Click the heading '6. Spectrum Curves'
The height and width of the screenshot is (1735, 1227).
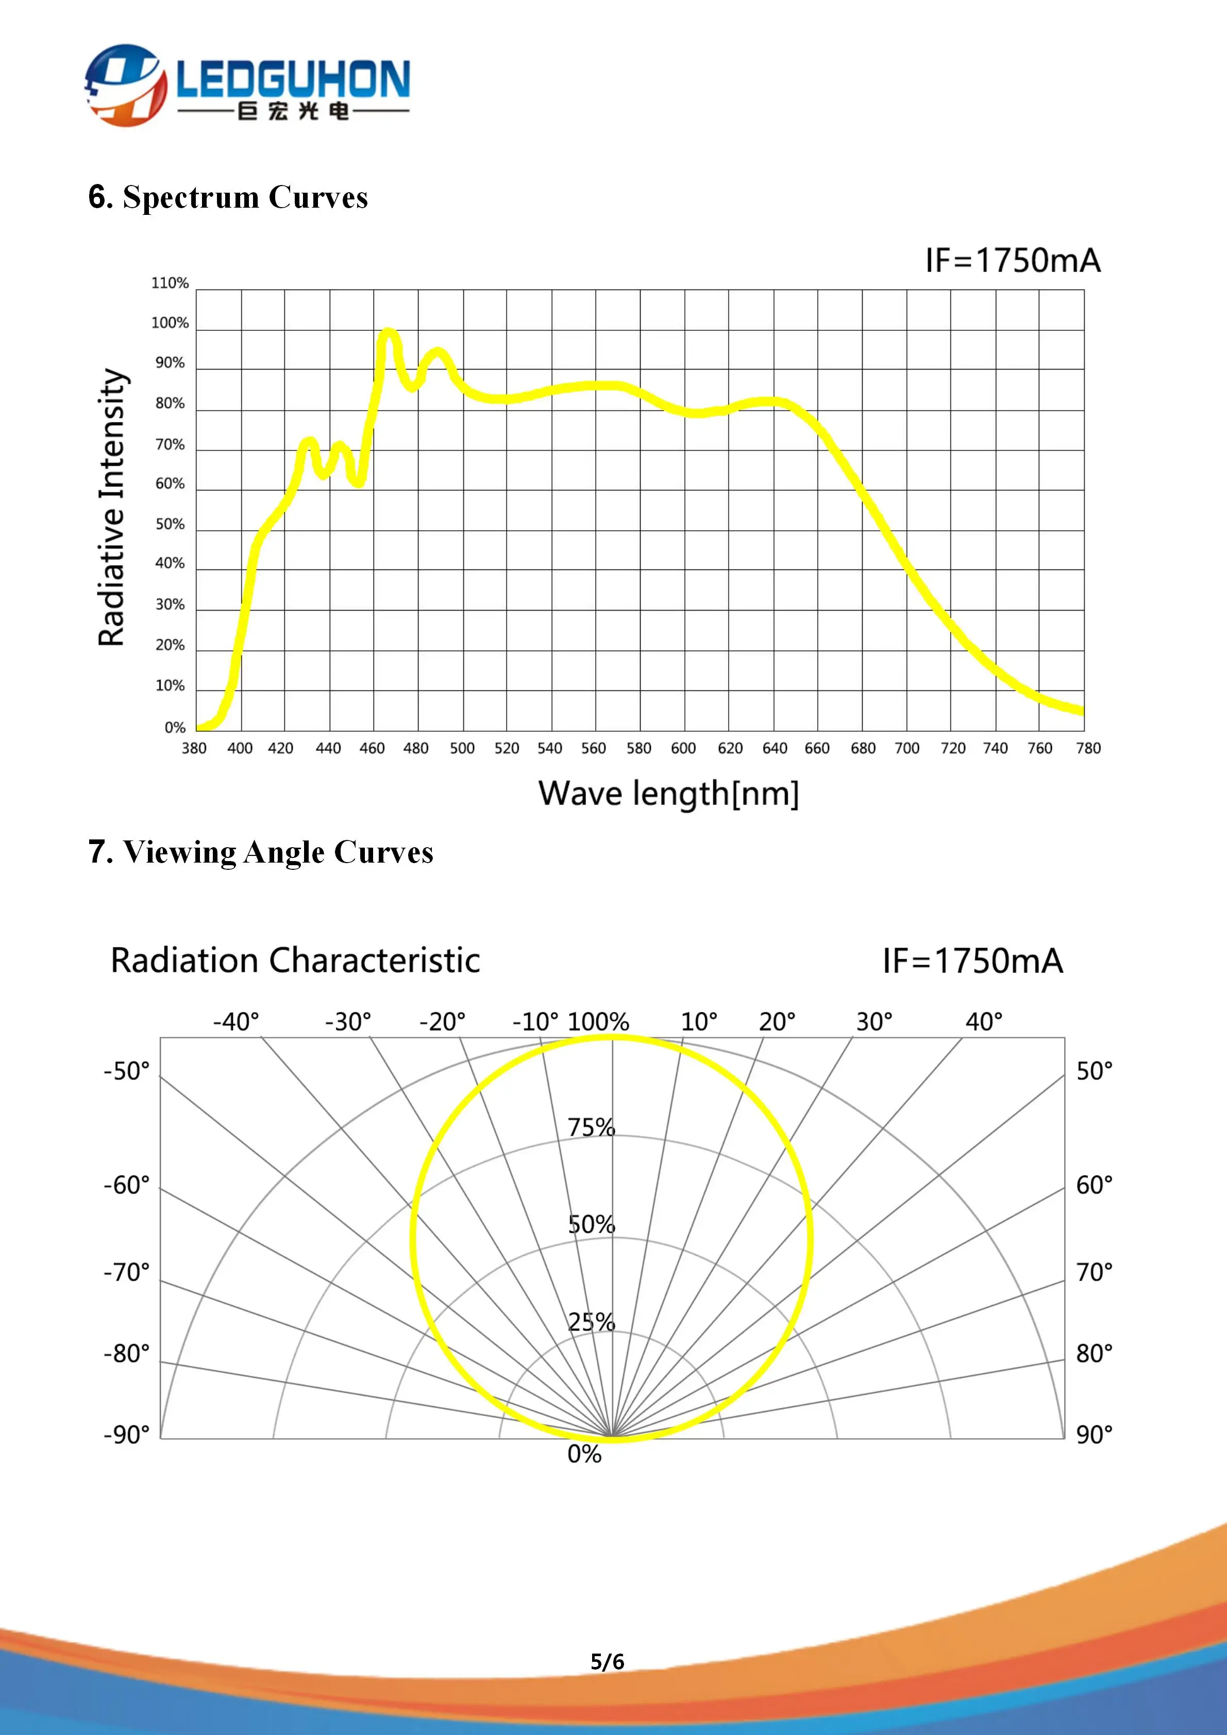point(228,197)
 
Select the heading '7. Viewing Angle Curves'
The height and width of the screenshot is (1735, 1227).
point(261,852)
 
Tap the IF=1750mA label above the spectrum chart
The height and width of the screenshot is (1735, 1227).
point(1013,261)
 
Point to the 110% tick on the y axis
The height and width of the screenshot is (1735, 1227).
point(170,283)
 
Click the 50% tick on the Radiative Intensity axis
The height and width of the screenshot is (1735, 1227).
point(170,525)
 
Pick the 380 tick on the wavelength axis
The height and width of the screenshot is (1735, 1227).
point(194,748)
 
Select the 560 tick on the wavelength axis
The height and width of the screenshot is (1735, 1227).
point(593,748)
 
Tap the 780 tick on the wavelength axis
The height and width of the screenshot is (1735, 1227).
point(1088,748)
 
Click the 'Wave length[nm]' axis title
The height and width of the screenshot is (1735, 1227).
point(669,794)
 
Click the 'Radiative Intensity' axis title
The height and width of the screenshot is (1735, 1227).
point(111,507)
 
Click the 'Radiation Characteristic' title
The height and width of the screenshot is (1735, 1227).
point(295,961)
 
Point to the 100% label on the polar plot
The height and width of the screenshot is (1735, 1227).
point(598,1022)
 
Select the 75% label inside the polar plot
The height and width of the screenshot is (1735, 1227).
point(592,1127)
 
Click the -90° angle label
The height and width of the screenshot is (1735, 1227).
point(127,1434)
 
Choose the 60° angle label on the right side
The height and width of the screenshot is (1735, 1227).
point(1094,1185)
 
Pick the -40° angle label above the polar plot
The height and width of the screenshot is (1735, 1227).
point(236,1022)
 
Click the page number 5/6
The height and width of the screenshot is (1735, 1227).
point(608,1662)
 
